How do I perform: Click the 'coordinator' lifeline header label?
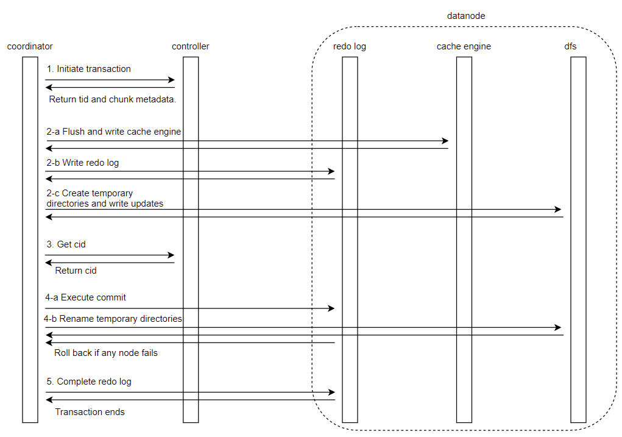point(30,46)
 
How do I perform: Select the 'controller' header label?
point(191,46)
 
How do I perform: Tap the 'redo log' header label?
point(350,46)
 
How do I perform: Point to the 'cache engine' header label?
point(464,46)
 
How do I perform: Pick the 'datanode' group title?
point(466,16)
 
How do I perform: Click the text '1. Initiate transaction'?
point(88,69)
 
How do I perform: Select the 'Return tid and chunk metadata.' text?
point(113,99)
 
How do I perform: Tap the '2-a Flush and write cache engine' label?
point(114,132)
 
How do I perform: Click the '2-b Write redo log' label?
point(83,163)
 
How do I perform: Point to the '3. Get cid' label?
point(66,244)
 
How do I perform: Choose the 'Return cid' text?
point(76,271)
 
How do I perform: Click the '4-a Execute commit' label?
point(86,297)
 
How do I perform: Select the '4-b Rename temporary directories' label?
point(113,319)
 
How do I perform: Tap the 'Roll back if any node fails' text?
point(106,353)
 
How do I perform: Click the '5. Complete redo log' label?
point(89,382)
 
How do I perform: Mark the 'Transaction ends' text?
point(90,412)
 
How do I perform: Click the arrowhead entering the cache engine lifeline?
point(445,141)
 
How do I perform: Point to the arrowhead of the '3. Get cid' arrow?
point(171,255)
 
